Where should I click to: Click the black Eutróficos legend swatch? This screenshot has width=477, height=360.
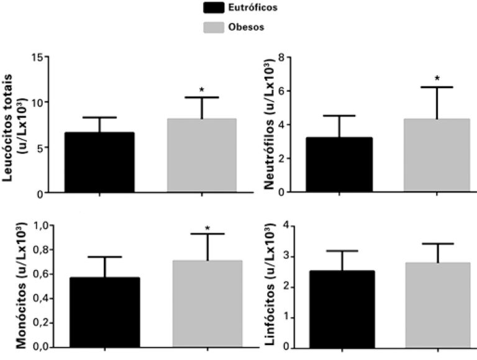[x=215, y=8]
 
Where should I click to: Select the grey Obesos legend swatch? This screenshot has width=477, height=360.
[x=215, y=28]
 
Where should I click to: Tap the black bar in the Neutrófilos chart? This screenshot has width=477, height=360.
[x=339, y=164]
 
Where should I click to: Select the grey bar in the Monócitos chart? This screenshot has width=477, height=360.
[x=207, y=304]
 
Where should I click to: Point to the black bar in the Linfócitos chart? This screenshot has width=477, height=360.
[x=340, y=309]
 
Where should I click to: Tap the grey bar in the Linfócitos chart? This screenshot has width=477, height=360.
[x=437, y=305]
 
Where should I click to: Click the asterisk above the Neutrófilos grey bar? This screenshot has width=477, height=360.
[x=437, y=79]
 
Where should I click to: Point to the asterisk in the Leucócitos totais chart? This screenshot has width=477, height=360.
[x=201, y=91]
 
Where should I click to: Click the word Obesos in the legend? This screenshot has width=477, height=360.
[x=248, y=28]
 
